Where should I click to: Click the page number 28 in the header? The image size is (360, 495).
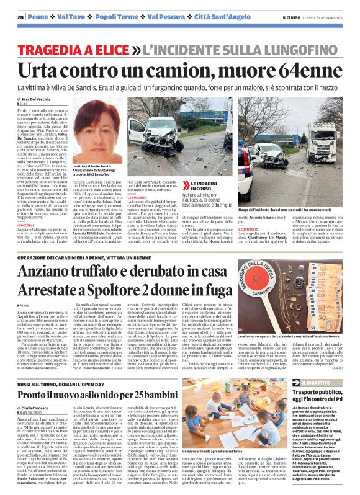(x=20, y=16)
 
